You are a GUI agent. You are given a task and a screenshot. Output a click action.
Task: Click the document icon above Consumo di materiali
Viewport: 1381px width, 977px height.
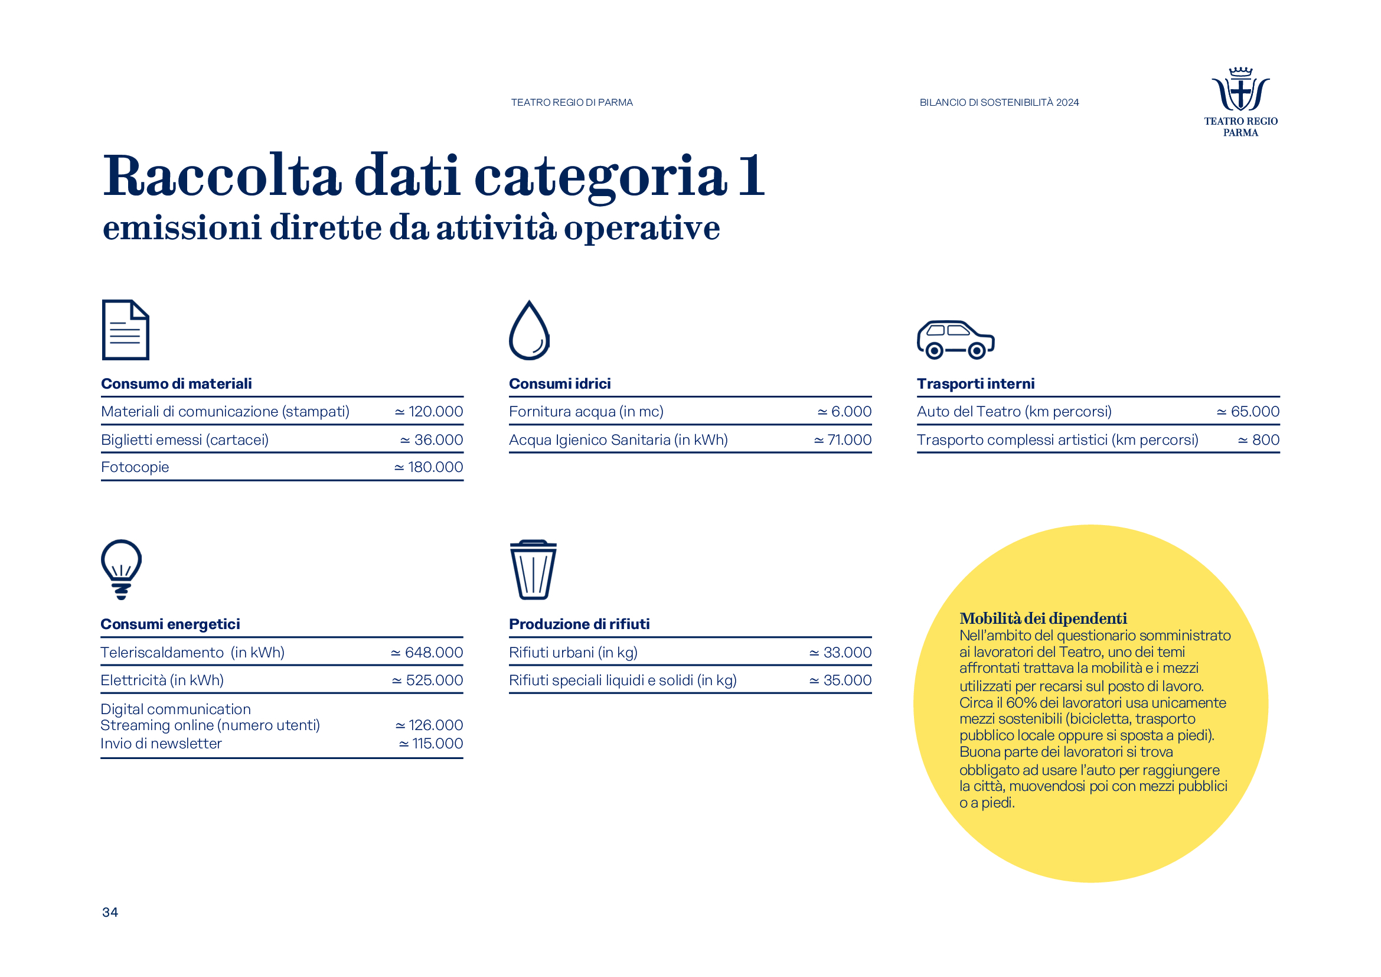(x=125, y=330)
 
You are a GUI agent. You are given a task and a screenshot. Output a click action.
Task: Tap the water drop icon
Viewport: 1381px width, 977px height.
(x=528, y=330)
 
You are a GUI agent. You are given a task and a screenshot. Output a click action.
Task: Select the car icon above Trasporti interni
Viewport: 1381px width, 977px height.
(x=955, y=339)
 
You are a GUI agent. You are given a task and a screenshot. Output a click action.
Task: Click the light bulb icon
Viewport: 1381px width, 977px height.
(x=122, y=568)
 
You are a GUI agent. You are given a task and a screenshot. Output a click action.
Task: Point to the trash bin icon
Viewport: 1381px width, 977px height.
(x=533, y=569)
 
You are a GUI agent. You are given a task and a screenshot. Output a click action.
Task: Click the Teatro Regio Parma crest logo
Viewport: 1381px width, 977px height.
(x=1240, y=90)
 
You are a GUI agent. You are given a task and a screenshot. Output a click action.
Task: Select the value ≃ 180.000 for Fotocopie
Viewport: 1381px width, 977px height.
(x=428, y=467)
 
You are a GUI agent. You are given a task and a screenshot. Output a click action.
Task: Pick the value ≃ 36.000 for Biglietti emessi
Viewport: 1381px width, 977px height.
(x=431, y=440)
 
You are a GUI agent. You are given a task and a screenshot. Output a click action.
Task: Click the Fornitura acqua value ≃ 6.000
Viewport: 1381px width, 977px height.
(x=844, y=412)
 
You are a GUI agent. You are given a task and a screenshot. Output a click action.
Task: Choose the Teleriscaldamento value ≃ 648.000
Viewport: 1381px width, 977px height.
(x=426, y=653)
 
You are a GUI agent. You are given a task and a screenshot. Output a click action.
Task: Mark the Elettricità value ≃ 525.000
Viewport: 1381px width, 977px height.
(x=427, y=680)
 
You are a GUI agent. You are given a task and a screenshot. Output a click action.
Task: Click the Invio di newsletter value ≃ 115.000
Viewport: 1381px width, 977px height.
(x=430, y=744)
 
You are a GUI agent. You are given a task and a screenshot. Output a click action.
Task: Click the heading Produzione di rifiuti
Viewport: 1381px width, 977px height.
(x=579, y=624)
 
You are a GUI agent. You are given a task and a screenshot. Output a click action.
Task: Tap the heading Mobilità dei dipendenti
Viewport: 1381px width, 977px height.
(x=1043, y=618)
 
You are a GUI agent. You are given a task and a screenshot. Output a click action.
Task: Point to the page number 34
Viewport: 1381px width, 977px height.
(x=110, y=912)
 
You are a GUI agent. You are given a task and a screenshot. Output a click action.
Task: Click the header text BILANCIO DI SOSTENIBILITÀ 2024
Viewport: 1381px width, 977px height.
(x=999, y=102)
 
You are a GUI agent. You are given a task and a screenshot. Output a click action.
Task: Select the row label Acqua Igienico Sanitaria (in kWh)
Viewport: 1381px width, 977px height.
(x=618, y=440)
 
